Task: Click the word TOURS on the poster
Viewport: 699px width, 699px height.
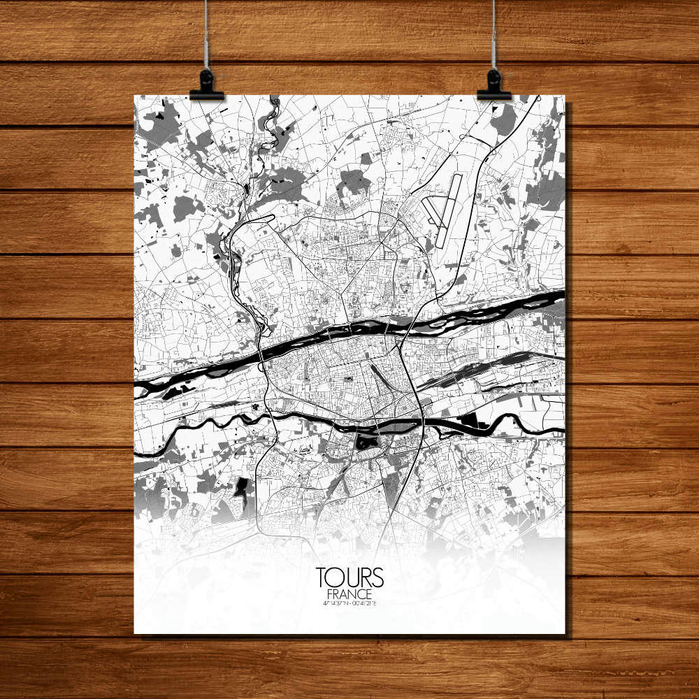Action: point(349,577)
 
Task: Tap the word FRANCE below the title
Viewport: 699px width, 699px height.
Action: point(349,593)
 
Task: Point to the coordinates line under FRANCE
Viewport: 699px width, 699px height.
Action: point(349,603)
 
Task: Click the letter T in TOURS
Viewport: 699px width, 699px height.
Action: point(322,577)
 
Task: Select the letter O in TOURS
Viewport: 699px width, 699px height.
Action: point(336,577)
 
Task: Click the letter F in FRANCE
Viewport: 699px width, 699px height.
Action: point(329,593)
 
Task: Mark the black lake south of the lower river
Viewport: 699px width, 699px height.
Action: point(364,441)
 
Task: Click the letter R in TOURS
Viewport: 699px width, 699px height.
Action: point(365,577)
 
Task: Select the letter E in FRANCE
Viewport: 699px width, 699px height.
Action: point(370,593)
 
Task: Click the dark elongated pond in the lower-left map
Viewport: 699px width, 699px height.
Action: point(242,489)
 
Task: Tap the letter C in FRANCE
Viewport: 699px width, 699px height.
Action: point(361,593)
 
